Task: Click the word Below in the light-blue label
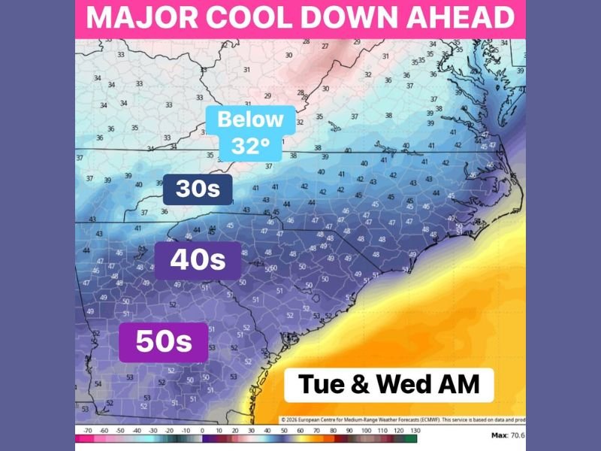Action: coord(250,119)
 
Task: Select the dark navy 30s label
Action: coord(198,189)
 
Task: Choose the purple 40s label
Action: coord(198,260)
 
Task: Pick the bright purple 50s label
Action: coord(163,342)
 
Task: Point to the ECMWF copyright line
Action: coord(402,419)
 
